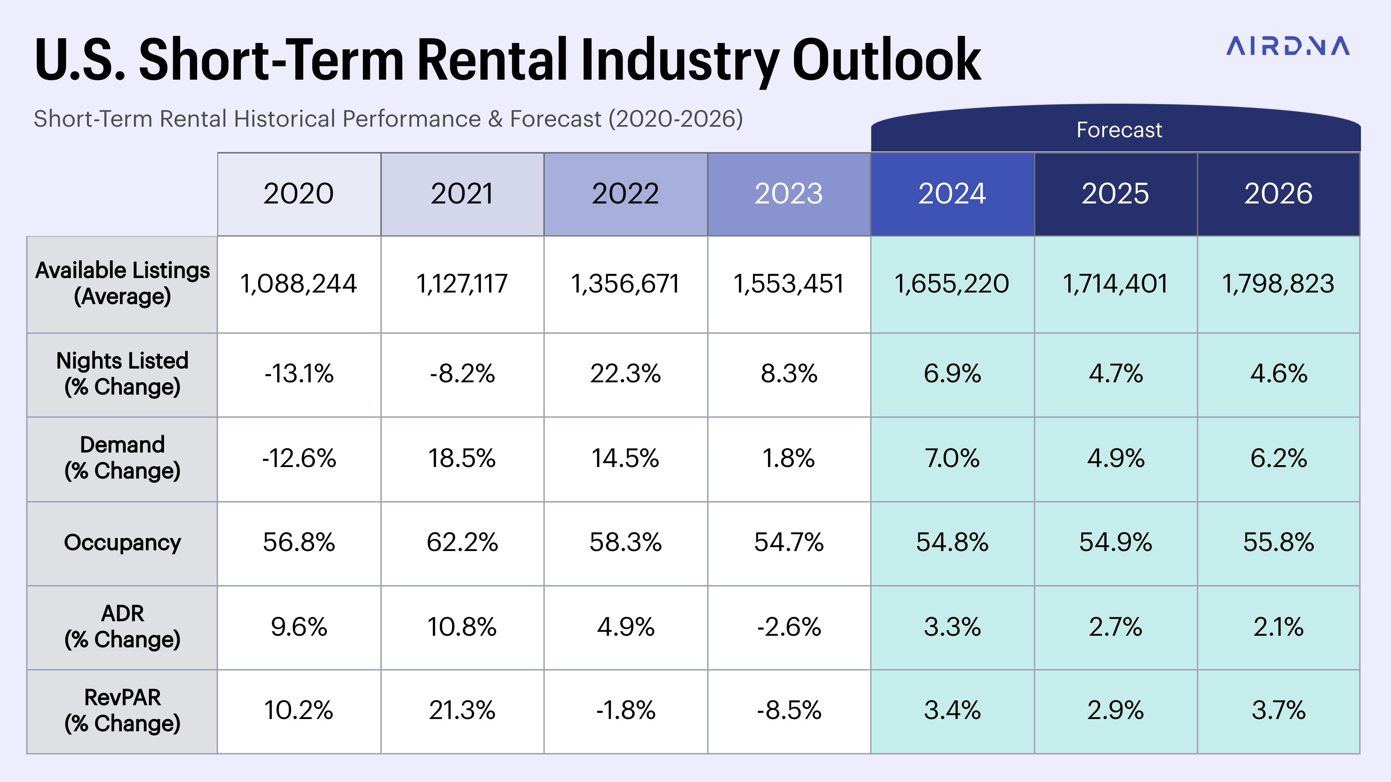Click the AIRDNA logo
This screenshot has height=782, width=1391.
pyautogui.click(x=1287, y=46)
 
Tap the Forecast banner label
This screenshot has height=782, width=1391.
pyautogui.click(x=1119, y=130)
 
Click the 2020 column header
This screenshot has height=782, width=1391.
pyautogui.click(x=298, y=194)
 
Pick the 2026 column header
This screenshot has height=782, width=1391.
pyautogui.click(x=1278, y=194)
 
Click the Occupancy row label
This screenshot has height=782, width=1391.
pyautogui.click(x=122, y=542)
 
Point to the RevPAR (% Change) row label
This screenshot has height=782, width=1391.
pyautogui.click(x=122, y=710)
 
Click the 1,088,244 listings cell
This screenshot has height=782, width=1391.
pyautogui.click(x=298, y=284)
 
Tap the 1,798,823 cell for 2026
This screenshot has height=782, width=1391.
pyautogui.click(x=1278, y=284)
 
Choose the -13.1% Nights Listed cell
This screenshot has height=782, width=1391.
pyautogui.click(x=298, y=374)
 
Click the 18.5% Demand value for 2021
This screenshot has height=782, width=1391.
pyautogui.click(x=462, y=458)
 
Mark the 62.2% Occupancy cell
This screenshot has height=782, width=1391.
pyautogui.click(x=462, y=542)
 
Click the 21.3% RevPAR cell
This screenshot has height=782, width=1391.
pyautogui.click(x=462, y=710)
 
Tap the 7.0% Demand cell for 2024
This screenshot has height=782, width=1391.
pyautogui.click(x=952, y=458)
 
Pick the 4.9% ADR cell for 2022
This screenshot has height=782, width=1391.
pyautogui.click(x=625, y=627)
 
